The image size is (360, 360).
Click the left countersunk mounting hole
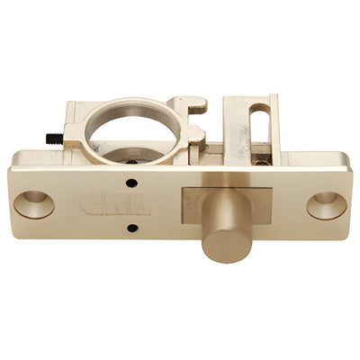34,203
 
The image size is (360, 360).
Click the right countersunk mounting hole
326,204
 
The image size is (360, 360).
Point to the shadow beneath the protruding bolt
225,267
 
